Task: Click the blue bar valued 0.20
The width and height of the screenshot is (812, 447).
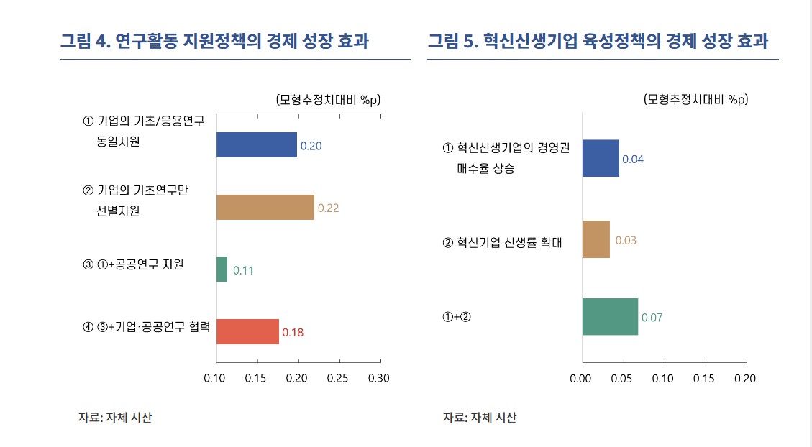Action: click(x=257, y=145)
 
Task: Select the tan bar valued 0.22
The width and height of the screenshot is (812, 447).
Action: click(x=265, y=207)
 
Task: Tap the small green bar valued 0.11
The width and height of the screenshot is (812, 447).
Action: click(x=222, y=269)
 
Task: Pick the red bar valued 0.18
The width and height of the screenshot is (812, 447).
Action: click(x=247, y=332)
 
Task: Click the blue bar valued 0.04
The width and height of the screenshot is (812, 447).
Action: click(x=601, y=158)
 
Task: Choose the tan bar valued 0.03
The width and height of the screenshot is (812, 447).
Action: click(x=596, y=239)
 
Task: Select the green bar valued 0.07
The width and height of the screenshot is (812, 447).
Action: click(x=610, y=316)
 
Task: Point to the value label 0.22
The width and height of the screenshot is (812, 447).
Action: click(x=328, y=208)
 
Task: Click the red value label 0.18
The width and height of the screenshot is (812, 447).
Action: click(x=293, y=333)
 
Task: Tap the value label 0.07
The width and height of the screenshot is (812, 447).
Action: click(x=652, y=317)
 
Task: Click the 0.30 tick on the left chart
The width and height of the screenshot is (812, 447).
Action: click(x=378, y=378)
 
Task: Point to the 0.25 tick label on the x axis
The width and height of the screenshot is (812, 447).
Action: click(x=337, y=378)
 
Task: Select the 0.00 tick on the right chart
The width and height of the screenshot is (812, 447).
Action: click(x=580, y=378)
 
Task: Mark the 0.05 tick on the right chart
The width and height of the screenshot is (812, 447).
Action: click(x=621, y=378)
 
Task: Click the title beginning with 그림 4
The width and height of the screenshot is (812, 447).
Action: click(x=214, y=41)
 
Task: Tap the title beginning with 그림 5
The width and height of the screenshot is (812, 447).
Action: click(x=598, y=41)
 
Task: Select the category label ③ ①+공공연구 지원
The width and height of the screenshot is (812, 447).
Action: click(x=134, y=264)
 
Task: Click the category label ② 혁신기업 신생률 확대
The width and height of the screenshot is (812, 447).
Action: click(x=502, y=243)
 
